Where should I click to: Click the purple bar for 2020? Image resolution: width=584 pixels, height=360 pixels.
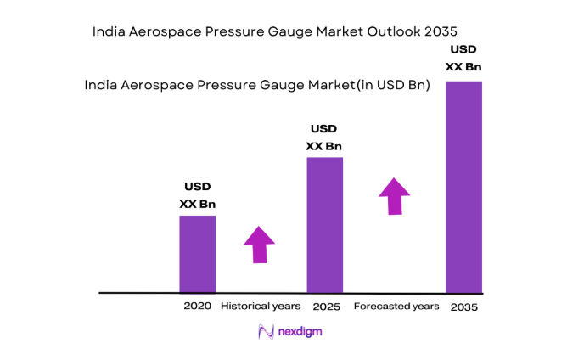(x=197, y=254)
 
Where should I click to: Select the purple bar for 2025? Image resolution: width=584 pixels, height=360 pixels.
(x=324, y=225)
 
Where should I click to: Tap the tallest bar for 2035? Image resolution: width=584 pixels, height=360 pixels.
(x=463, y=187)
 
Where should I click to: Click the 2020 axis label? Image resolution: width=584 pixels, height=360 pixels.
(x=197, y=305)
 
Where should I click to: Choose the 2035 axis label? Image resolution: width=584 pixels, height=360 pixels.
(x=464, y=306)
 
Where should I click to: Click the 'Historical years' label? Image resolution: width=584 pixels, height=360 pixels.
(x=261, y=305)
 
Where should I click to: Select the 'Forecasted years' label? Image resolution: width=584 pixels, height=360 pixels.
(x=396, y=306)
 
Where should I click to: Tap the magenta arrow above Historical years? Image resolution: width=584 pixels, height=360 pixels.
(x=259, y=245)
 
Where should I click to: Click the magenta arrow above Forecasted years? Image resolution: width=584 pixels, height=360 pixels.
(x=394, y=195)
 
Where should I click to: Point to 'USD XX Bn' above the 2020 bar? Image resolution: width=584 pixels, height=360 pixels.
(x=197, y=195)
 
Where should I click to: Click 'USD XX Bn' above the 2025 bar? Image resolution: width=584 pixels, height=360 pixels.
(x=324, y=138)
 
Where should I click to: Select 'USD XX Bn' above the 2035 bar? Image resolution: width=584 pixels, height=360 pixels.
(x=464, y=59)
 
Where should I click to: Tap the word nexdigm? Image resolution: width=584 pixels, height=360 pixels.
(x=300, y=332)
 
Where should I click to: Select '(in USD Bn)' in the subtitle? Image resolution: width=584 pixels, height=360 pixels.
(x=389, y=85)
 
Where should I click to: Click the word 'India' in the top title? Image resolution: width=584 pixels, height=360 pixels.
(x=108, y=31)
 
